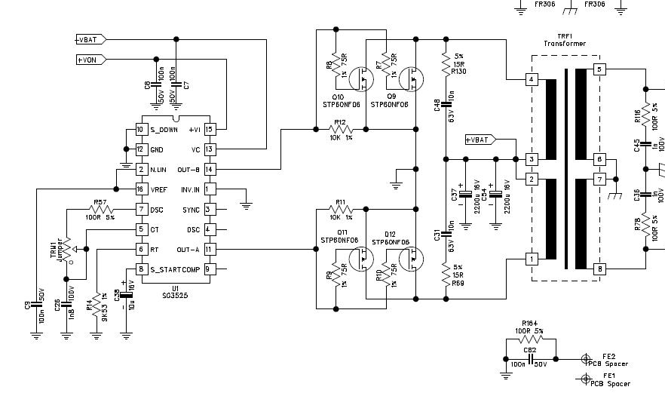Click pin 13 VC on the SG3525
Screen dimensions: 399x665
[210, 149]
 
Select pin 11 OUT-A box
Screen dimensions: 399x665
[210, 248]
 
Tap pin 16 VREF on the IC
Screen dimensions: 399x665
[140, 189]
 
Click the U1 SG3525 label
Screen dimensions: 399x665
[176, 291]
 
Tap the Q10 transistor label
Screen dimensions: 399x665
[337, 97]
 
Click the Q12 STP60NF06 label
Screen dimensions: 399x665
[396, 238]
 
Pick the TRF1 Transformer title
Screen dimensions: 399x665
[565, 39]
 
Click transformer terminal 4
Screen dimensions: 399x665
[532, 79]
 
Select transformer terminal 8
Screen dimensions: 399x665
[600, 269]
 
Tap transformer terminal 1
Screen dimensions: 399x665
[532, 259]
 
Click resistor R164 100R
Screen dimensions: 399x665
[529, 339]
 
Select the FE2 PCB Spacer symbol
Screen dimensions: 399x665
[585, 359]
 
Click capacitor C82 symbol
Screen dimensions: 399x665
[530, 359]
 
